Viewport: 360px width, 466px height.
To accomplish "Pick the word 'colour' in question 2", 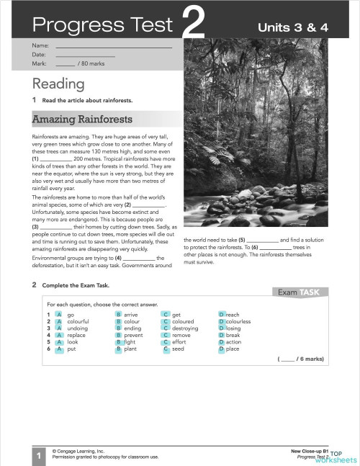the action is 132,321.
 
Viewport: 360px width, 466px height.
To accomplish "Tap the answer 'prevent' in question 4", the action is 134,335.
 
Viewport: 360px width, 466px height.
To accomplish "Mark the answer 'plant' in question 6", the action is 131,349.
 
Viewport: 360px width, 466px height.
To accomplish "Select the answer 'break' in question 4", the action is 233,335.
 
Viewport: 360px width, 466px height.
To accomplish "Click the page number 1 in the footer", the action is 37,454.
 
